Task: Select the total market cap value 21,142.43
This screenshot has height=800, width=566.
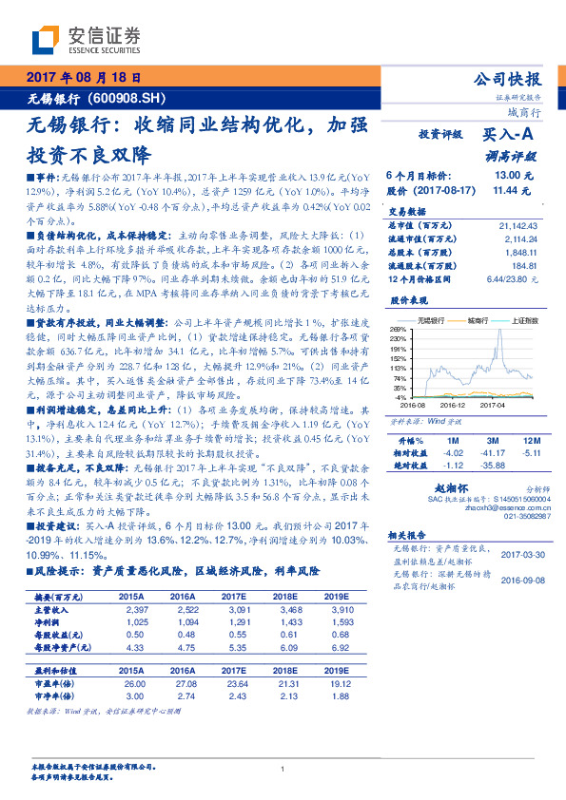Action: pos(517,224)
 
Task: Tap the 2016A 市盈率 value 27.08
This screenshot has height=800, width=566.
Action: pos(188,682)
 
